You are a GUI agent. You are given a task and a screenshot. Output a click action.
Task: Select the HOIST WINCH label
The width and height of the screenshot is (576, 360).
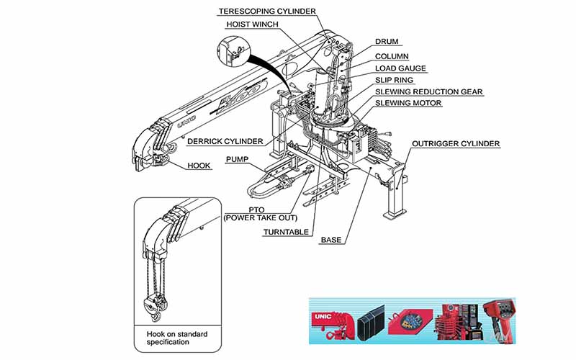point(253,24)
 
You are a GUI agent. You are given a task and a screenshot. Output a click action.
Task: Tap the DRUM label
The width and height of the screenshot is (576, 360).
point(387,42)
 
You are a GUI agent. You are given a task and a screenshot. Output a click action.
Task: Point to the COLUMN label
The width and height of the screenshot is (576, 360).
point(392,55)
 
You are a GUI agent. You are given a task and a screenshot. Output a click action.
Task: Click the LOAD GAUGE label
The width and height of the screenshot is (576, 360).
point(400,68)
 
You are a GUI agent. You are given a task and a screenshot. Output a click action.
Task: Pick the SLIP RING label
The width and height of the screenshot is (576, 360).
point(393,80)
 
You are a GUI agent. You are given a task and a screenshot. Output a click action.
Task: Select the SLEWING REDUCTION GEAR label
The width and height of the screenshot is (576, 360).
point(428,91)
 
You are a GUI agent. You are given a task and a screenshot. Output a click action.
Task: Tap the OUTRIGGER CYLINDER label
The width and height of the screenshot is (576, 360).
point(456,144)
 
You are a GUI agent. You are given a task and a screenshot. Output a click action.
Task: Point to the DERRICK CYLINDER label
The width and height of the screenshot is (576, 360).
point(225,141)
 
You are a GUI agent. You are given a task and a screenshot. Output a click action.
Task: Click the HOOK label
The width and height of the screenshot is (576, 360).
point(199,165)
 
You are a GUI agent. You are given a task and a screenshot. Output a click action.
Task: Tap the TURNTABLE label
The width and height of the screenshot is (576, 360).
point(286,232)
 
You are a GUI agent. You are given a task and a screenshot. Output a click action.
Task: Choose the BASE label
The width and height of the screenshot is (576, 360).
point(331,239)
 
